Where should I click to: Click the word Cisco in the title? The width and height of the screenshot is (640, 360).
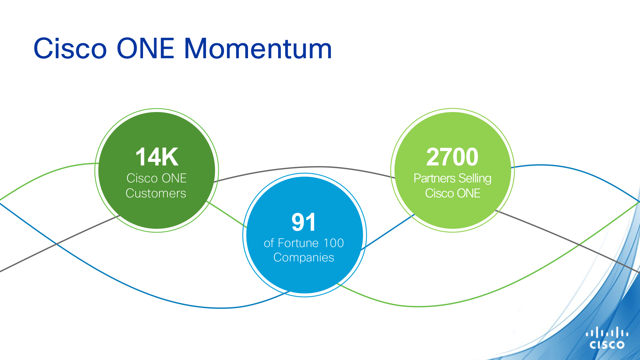(70, 49)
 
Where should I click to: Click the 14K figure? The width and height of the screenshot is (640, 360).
(157, 157)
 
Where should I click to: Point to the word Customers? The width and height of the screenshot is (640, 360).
(156, 193)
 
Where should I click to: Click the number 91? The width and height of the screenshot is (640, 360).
(304, 222)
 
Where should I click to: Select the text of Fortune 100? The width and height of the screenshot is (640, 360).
(304, 243)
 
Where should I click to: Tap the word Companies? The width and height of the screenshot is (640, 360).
(304, 258)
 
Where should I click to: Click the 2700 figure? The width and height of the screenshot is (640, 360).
(452, 157)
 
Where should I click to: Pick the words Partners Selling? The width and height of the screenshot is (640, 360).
(452, 179)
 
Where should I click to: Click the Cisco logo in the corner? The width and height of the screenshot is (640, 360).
(607, 338)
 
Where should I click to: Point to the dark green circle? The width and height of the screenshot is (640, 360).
(157, 170)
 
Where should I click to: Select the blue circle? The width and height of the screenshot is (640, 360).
(305, 235)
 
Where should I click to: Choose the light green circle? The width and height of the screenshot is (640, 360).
(452, 170)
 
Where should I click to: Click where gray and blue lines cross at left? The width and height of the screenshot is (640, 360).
(57, 244)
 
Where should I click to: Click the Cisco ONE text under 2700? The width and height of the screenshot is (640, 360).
(452, 193)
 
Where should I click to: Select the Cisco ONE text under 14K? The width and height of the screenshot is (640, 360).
(156, 178)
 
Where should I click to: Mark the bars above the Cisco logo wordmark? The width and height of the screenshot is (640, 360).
(607, 332)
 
